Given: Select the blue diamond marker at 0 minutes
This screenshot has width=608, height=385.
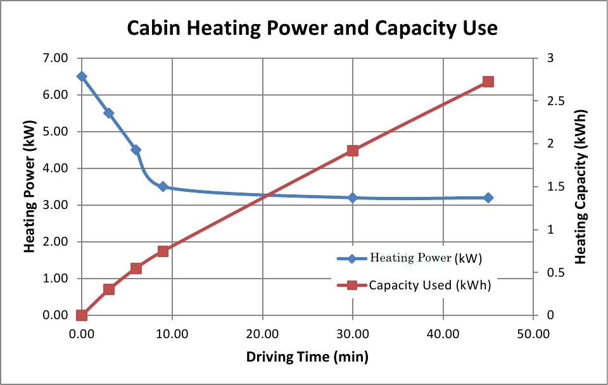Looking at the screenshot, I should click(x=81, y=76).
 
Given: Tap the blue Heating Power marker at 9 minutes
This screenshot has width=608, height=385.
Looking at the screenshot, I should click(x=163, y=186).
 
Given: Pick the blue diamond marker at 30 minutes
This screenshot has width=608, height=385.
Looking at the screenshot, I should click(x=353, y=198).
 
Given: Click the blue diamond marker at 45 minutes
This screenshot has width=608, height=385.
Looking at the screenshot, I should click(x=488, y=198).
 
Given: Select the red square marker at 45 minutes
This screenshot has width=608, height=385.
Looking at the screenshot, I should click(x=488, y=82).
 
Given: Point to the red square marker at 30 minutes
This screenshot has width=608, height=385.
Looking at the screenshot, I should click(x=353, y=151).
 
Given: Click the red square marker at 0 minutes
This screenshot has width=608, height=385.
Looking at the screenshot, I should click(x=81, y=315).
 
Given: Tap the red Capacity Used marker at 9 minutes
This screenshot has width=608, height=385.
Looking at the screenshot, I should click(x=163, y=251).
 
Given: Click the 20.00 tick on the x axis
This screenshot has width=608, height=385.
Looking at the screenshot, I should click(x=262, y=332).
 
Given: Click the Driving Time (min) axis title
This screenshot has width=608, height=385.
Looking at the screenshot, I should click(x=307, y=357).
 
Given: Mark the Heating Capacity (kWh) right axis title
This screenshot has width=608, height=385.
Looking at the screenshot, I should click(x=581, y=187).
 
